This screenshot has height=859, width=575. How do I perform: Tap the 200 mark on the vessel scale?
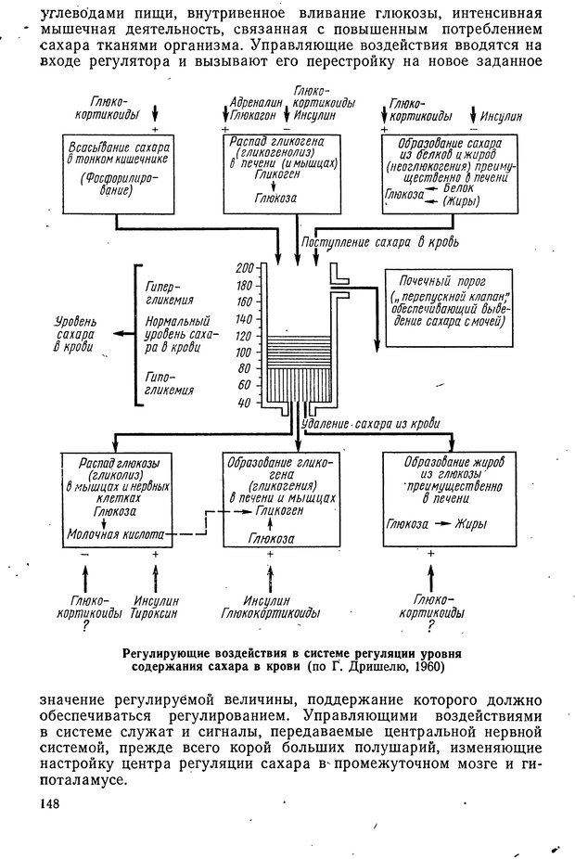pos(246,267)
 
